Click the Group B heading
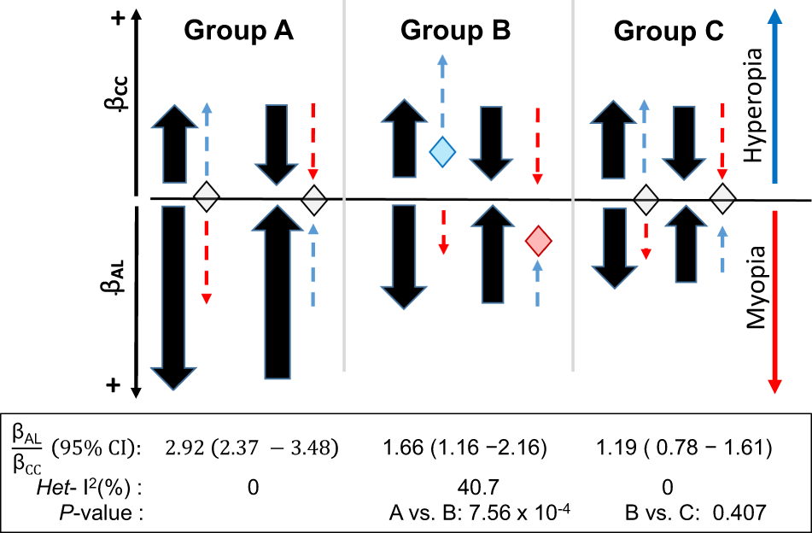coord(455,31)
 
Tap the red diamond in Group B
coord(538,242)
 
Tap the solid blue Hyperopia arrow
coord(774,94)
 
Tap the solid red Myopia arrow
coord(774,299)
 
